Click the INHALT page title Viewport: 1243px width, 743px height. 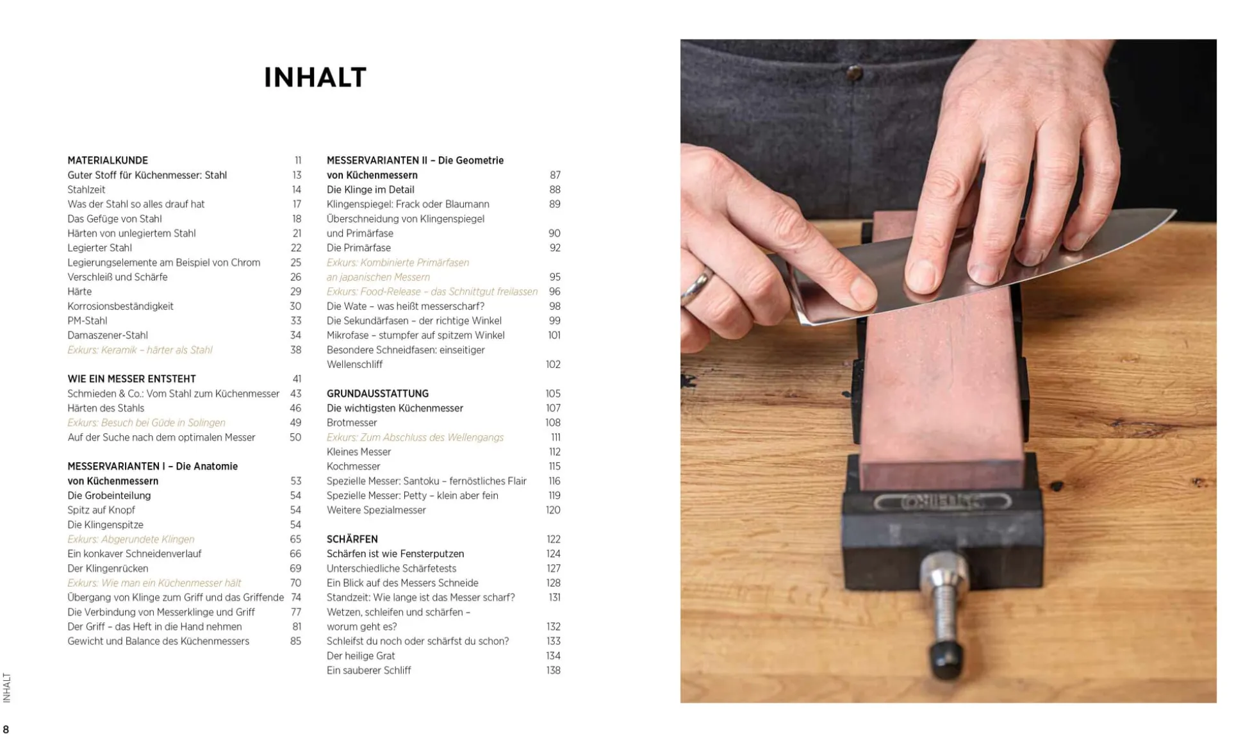click(x=315, y=78)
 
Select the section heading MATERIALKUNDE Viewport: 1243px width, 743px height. click(x=108, y=160)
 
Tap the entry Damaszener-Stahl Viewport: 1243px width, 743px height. click(x=108, y=335)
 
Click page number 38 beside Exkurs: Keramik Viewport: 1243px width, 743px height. click(x=295, y=350)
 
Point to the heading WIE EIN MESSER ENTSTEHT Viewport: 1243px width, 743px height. click(x=131, y=379)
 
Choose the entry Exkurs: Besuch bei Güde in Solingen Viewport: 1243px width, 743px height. click(x=146, y=422)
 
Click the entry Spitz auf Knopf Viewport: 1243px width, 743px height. click(x=101, y=510)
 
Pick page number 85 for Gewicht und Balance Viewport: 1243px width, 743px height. click(x=295, y=641)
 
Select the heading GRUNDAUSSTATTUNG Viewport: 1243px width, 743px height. click(x=377, y=394)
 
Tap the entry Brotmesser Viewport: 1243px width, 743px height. click(x=352, y=422)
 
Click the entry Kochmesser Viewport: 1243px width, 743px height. click(x=353, y=467)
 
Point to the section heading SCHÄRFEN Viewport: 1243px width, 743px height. click(x=352, y=539)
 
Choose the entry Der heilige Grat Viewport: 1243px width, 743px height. click(x=361, y=656)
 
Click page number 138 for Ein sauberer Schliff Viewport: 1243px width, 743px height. click(x=553, y=671)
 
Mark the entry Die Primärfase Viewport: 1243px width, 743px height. click(x=359, y=248)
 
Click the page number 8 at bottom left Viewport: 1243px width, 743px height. click(x=6, y=730)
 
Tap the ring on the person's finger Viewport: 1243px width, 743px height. click(x=697, y=285)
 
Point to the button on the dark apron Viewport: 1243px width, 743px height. click(x=854, y=73)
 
